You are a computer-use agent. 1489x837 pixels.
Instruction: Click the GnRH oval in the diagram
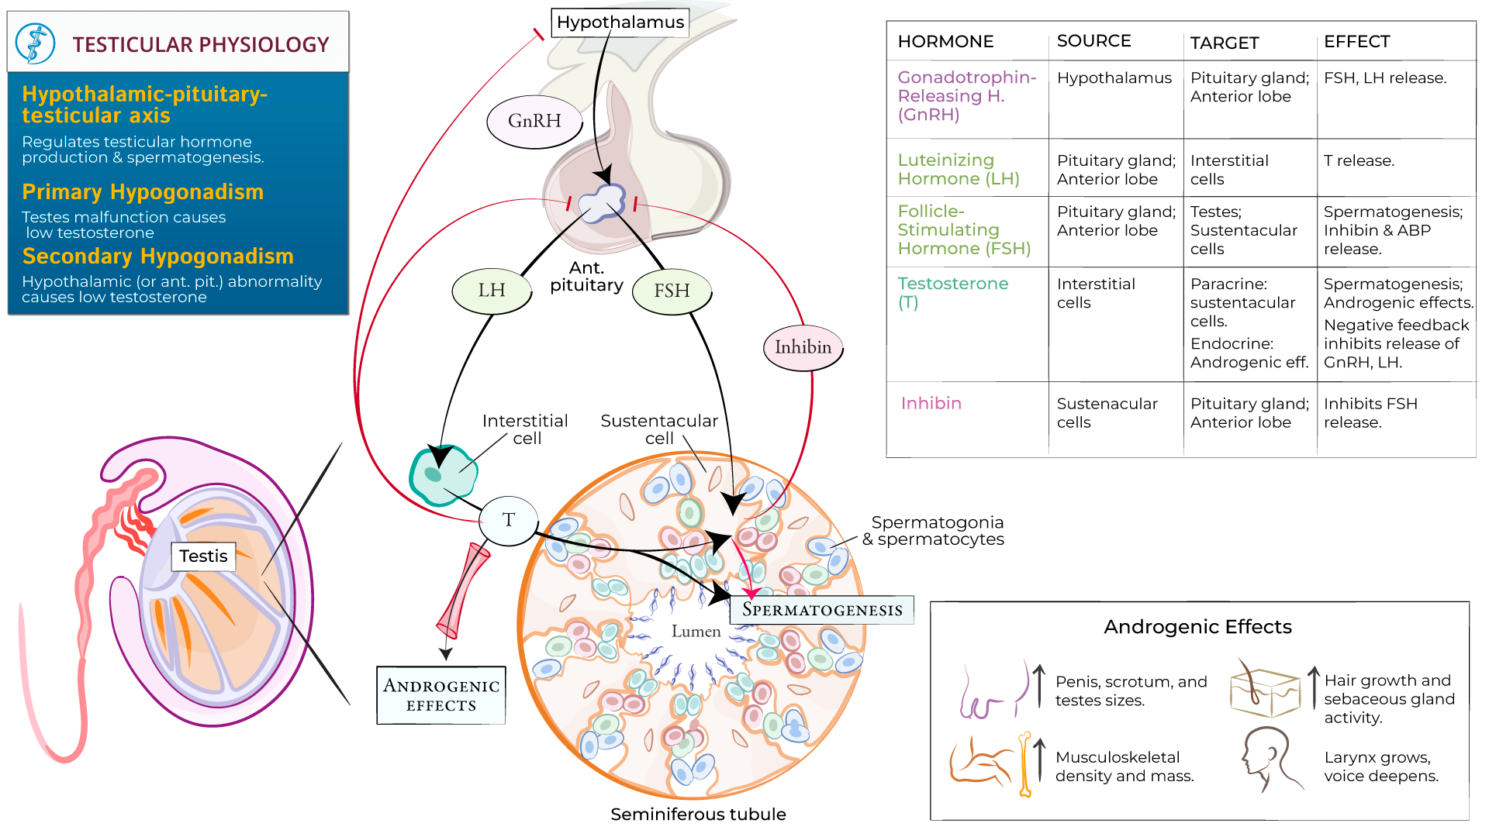tap(534, 121)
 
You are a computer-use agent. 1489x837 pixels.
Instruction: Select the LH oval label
tap(492, 291)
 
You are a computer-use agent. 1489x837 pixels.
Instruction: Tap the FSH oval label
tap(672, 291)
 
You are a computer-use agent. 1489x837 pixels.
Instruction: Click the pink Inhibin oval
tap(803, 347)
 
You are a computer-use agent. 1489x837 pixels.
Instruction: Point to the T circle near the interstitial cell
tap(508, 520)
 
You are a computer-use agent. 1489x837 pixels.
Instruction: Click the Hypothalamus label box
tap(620, 22)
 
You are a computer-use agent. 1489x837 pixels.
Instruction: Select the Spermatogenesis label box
tap(822, 610)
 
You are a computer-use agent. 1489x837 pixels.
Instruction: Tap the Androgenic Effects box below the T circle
tap(441, 695)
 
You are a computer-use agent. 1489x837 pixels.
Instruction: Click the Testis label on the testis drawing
tap(203, 556)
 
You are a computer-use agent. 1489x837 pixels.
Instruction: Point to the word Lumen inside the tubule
tap(696, 632)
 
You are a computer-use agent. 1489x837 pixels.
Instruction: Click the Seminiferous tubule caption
tap(698, 815)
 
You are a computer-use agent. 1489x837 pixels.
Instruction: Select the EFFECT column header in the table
tap(1356, 42)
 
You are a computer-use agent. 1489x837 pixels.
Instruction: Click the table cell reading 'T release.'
tap(1359, 161)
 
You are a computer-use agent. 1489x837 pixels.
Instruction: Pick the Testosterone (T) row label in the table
tap(952, 293)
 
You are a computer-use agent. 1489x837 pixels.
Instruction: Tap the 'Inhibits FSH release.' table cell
tap(1370, 413)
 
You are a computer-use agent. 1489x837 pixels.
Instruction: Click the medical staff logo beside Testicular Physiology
tap(36, 43)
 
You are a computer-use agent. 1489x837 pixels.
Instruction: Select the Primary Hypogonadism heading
tap(143, 192)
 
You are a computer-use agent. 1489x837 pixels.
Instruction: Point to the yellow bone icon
tap(1025, 764)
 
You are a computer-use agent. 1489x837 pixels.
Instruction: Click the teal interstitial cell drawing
tap(442, 474)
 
